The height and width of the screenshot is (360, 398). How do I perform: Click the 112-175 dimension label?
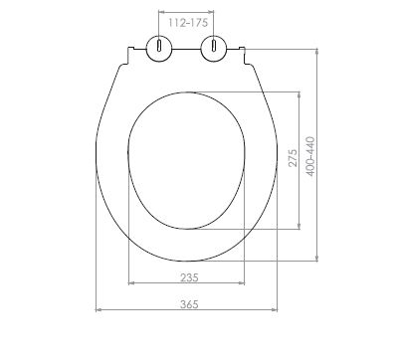point(188,23)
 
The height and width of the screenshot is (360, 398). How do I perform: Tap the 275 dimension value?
point(293,158)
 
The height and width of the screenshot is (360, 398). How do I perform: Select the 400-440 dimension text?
point(310,156)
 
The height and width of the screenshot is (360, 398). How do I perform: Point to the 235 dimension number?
point(189,277)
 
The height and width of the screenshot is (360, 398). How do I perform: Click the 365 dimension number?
point(189,304)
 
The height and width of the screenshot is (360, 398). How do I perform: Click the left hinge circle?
point(159,49)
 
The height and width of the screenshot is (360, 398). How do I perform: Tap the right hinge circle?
point(214,49)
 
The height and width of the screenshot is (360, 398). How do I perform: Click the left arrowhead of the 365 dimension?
point(99,310)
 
